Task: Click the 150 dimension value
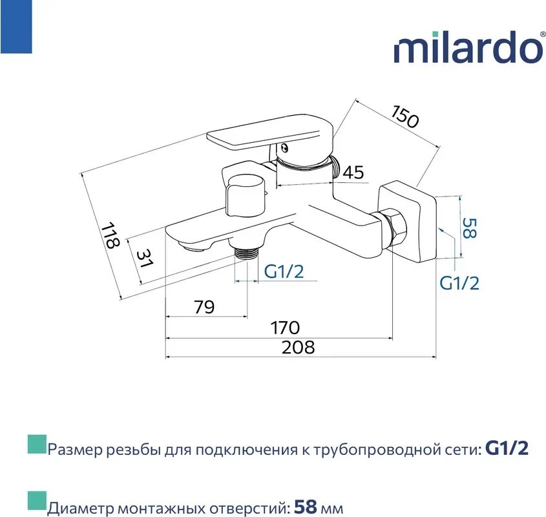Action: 405,116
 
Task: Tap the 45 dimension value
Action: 353,173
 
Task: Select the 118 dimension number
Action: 110,235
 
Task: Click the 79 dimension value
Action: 204,307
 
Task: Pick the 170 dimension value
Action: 285,328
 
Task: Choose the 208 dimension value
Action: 298,347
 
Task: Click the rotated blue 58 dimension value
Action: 469,228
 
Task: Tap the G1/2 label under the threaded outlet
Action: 284,271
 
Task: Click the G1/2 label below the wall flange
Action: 459,283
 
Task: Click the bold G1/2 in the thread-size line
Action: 507,448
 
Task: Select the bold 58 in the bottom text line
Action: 305,507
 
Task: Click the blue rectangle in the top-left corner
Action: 16,26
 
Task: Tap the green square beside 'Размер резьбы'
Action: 37,444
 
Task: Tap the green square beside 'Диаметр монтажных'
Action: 37,500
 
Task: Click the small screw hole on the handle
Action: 284,148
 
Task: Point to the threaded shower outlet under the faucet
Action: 246,253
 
